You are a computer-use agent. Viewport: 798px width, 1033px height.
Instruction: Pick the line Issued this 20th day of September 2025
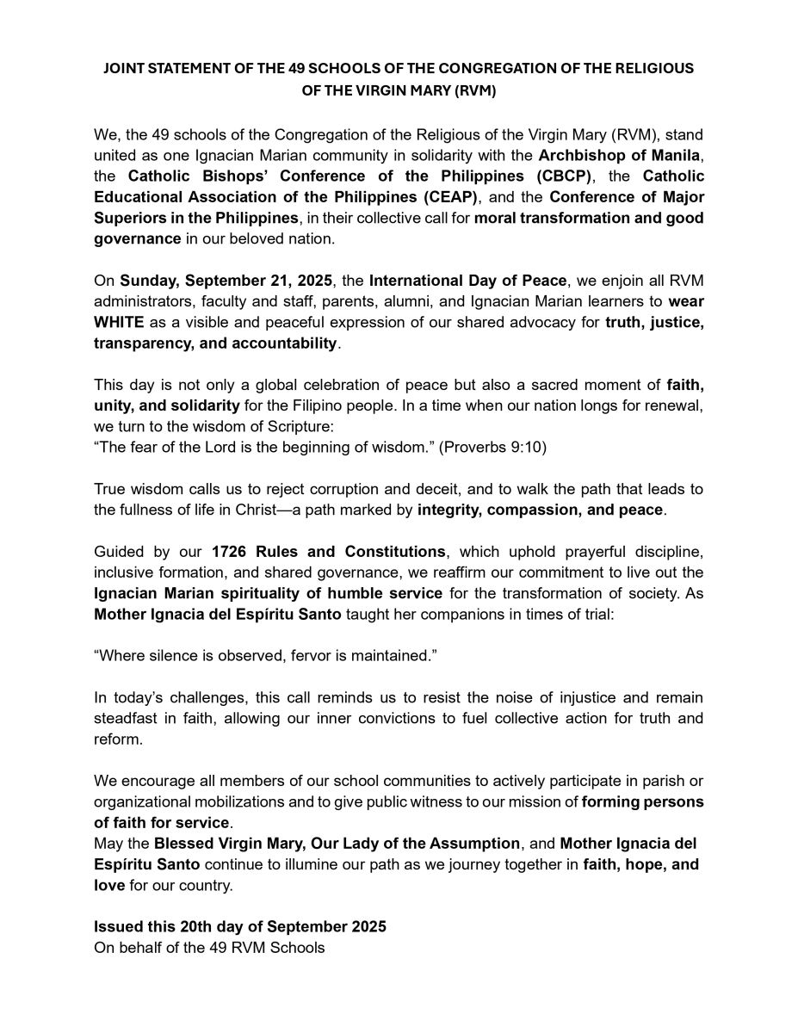point(240,926)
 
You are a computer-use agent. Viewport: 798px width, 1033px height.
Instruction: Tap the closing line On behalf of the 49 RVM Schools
point(209,947)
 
